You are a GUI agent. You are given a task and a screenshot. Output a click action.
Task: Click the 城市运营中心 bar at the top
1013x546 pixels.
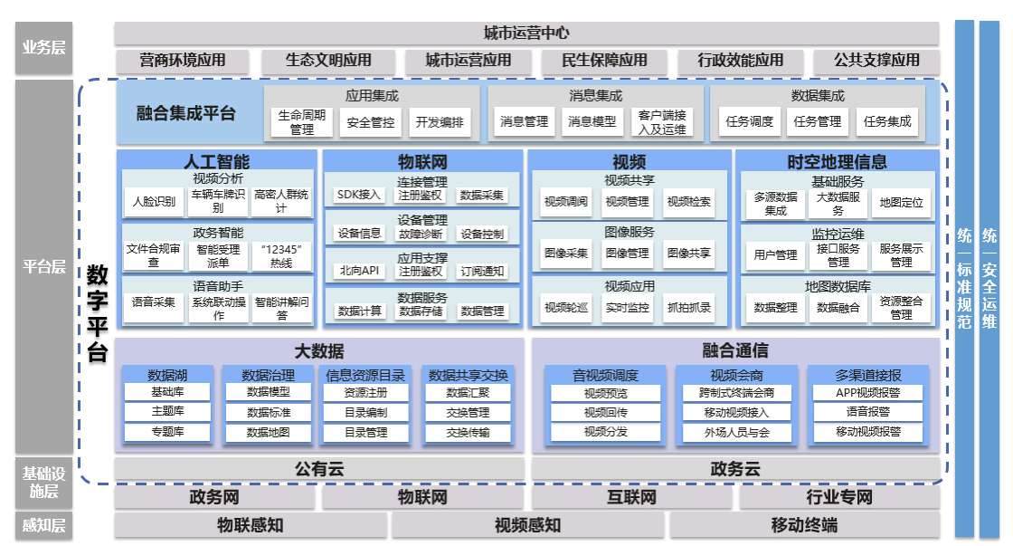pos(526,34)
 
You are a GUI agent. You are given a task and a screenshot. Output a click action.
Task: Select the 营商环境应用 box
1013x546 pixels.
pos(182,62)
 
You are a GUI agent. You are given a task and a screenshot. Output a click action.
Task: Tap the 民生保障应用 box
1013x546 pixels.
pos(604,62)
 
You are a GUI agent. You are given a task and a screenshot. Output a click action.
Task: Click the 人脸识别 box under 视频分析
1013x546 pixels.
pos(154,202)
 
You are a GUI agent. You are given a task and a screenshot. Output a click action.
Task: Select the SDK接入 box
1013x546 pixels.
pos(359,195)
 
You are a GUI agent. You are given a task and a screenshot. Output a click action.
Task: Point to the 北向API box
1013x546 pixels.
pos(359,271)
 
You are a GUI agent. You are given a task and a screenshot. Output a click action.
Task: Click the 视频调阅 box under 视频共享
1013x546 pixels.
pos(565,202)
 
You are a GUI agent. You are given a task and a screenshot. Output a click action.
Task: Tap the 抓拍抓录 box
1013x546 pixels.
pos(688,308)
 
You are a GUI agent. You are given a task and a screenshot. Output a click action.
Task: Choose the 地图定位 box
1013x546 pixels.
pos(901,204)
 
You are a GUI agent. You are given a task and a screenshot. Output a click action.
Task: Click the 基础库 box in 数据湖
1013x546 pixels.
pos(167,392)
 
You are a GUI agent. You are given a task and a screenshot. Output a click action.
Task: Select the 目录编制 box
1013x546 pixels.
pos(366,413)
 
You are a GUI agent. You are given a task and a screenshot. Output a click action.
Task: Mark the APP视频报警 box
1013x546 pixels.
pos(867,393)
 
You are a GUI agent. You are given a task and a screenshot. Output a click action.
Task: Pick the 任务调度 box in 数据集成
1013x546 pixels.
pos(749,121)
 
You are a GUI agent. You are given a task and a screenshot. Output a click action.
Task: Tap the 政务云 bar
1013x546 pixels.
pos(735,469)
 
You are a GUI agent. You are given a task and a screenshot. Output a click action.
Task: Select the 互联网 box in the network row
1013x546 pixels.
pos(631,498)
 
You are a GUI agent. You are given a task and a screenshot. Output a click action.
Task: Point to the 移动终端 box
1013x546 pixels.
pos(804,526)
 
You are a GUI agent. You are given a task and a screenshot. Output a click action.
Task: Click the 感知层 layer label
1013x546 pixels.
pos(43,526)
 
